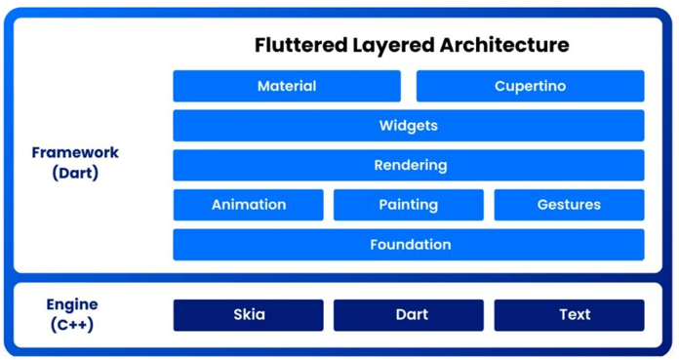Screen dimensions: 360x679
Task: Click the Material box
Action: point(287,86)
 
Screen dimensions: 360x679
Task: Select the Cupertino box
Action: point(530,86)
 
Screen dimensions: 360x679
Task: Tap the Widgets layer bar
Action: point(409,126)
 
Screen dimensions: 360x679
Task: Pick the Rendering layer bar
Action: point(409,165)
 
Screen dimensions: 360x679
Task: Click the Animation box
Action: point(249,205)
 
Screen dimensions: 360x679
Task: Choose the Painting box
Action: point(409,205)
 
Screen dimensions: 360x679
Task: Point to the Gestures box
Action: point(569,205)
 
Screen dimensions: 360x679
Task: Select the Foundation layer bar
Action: point(409,245)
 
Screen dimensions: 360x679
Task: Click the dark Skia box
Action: point(249,314)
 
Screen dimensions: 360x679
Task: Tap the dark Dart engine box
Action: point(409,314)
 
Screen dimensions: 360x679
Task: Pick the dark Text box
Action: point(569,314)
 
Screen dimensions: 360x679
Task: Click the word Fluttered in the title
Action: point(295,45)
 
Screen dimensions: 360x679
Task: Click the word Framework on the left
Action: point(75,153)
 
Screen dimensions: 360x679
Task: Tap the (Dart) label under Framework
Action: point(75,174)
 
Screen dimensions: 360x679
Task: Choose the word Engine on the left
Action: point(72,305)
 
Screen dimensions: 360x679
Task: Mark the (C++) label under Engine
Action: point(72,325)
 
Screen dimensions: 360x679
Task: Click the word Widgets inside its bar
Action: point(409,126)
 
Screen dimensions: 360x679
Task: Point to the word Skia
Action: point(249,314)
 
